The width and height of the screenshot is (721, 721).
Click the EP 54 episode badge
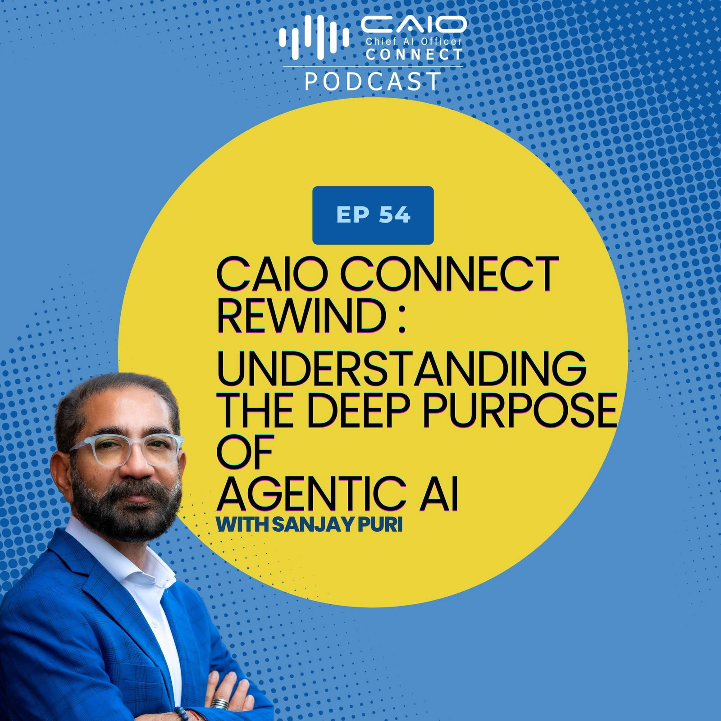(x=373, y=215)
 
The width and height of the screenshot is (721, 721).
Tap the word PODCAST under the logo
(x=373, y=81)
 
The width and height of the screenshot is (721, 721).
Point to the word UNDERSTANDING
(x=402, y=368)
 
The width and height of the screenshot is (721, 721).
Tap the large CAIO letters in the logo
(x=413, y=25)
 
